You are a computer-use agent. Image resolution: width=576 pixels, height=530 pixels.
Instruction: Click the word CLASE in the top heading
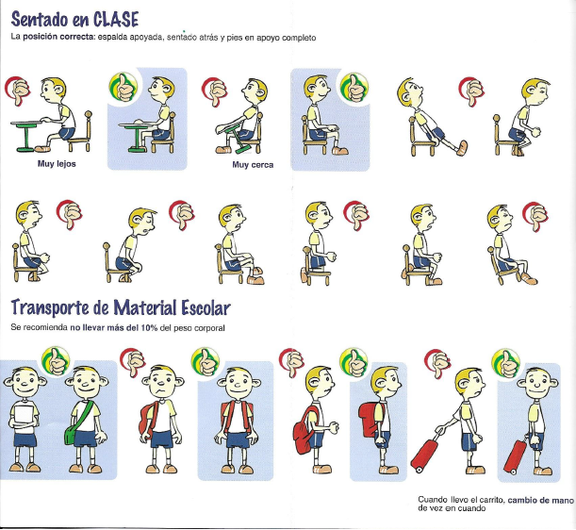coord(116,19)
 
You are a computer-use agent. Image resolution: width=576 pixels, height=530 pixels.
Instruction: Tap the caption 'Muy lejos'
coord(57,164)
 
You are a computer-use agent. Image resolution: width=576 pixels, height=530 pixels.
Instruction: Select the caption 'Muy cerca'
coord(253,165)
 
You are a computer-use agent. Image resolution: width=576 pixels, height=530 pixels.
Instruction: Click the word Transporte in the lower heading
coord(50,308)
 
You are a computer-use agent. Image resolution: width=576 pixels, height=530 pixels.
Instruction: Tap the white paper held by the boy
coord(25,416)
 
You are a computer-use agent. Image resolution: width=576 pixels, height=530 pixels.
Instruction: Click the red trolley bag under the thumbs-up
coord(515,456)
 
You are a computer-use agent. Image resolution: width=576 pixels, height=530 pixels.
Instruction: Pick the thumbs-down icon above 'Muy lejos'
coord(17,91)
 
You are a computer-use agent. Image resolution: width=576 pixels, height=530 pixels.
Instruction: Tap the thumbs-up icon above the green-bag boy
coord(56,361)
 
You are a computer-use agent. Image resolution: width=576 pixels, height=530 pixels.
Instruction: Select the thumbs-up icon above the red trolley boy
coord(506,363)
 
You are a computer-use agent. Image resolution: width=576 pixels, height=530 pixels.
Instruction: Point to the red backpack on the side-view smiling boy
coord(371,420)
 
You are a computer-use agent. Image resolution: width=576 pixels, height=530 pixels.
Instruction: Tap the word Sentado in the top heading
coord(39,19)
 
